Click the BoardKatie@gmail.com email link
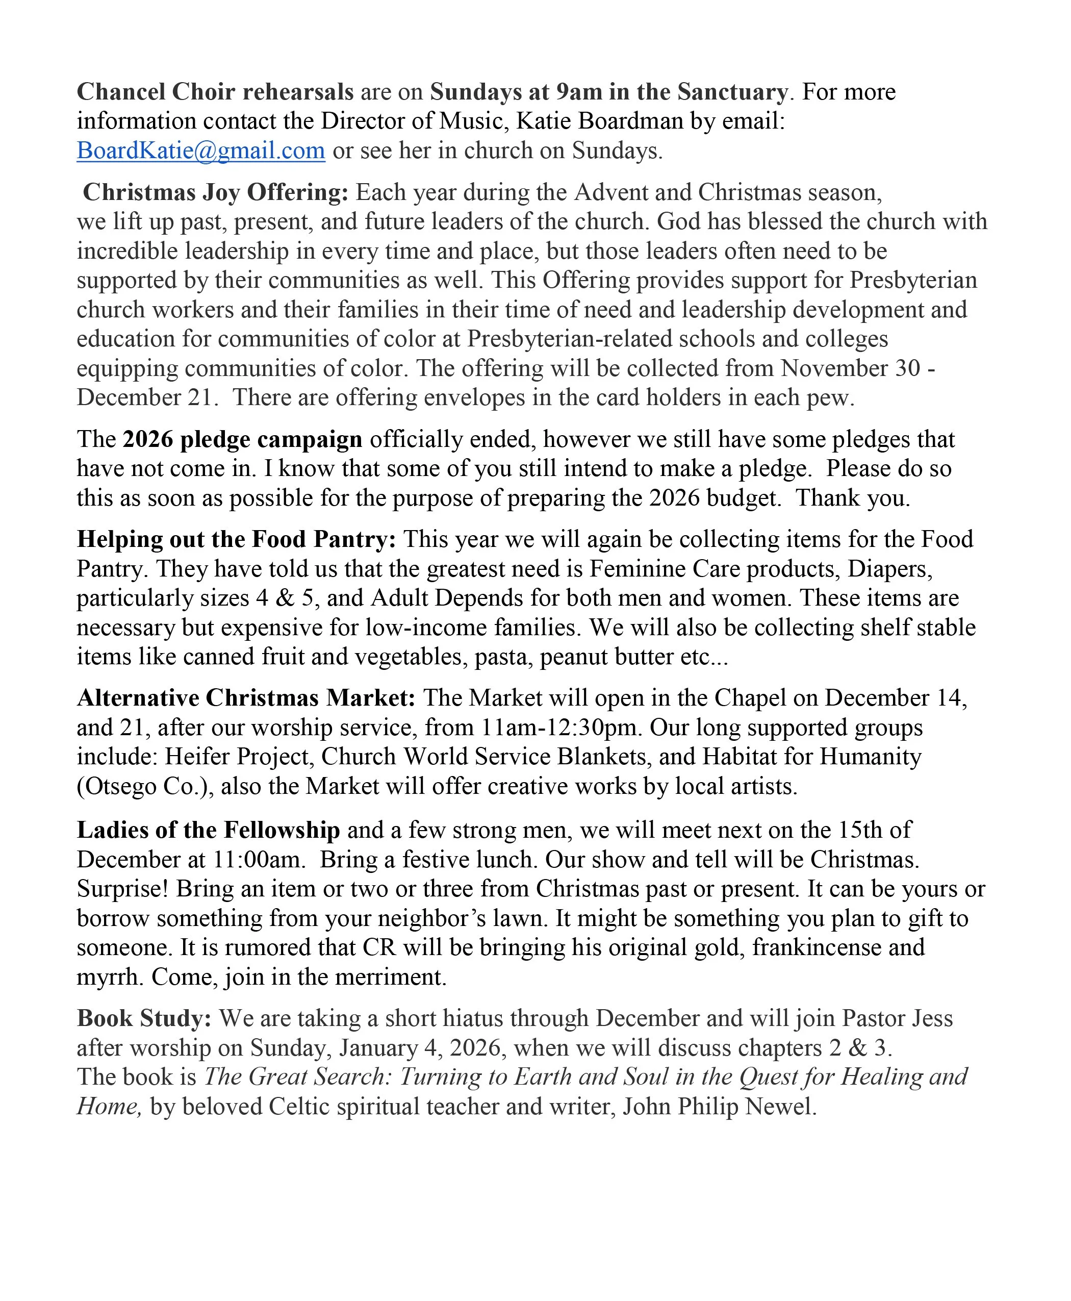pos(200,151)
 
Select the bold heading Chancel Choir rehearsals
pos(215,92)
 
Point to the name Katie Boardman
pos(599,121)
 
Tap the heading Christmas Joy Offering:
pos(215,192)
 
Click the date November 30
pos(851,368)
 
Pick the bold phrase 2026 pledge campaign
pos(242,439)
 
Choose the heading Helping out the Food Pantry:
pos(236,539)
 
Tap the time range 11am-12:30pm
pos(559,728)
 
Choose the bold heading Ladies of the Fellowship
pos(208,830)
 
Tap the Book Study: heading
pos(144,1019)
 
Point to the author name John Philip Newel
pos(719,1107)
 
